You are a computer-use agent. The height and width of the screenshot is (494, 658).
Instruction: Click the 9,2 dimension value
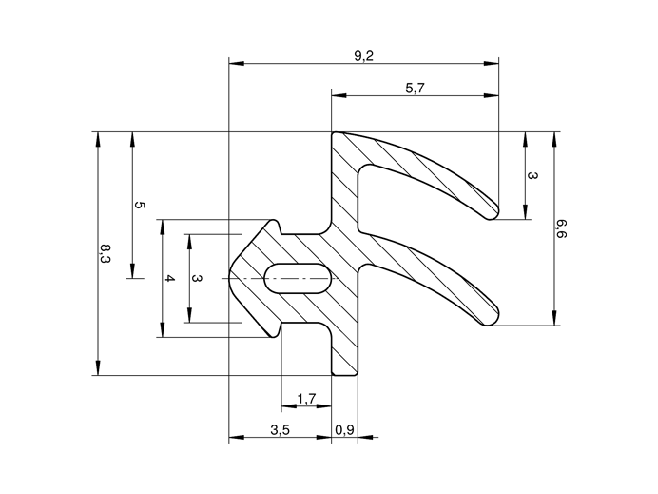tap(363, 56)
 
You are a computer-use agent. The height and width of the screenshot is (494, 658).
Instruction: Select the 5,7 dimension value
tap(415, 88)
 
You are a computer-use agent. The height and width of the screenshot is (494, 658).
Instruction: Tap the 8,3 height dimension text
tap(105, 254)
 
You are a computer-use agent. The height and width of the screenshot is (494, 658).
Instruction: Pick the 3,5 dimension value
tap(280, 430)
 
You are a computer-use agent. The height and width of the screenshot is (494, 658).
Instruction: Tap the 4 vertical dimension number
tap(170, 279)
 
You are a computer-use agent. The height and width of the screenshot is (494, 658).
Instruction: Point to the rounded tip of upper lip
tap(493, 211)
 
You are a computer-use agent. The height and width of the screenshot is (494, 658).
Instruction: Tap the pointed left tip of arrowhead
tap(231, 278)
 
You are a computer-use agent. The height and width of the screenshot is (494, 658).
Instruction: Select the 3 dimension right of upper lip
tap(532, 176)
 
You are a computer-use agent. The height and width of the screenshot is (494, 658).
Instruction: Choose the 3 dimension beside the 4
tap(197, 279)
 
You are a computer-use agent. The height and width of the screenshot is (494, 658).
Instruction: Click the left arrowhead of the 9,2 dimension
tap(235, 64)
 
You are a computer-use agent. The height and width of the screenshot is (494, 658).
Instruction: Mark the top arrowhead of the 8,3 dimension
tap(97, 138)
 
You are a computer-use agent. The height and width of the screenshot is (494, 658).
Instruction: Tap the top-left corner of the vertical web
tap(334, 134)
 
